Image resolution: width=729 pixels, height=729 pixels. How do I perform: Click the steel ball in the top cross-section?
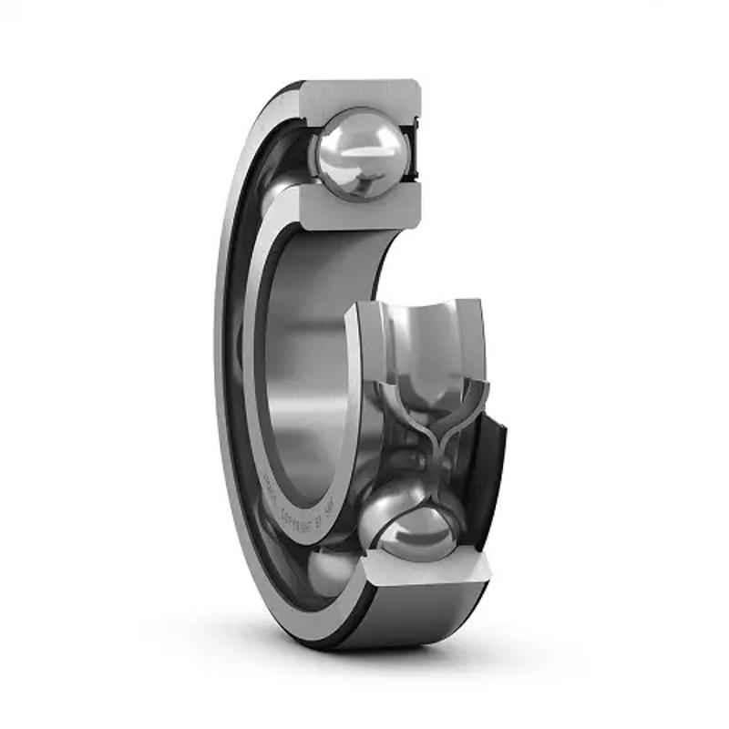click(x=356, y=152)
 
